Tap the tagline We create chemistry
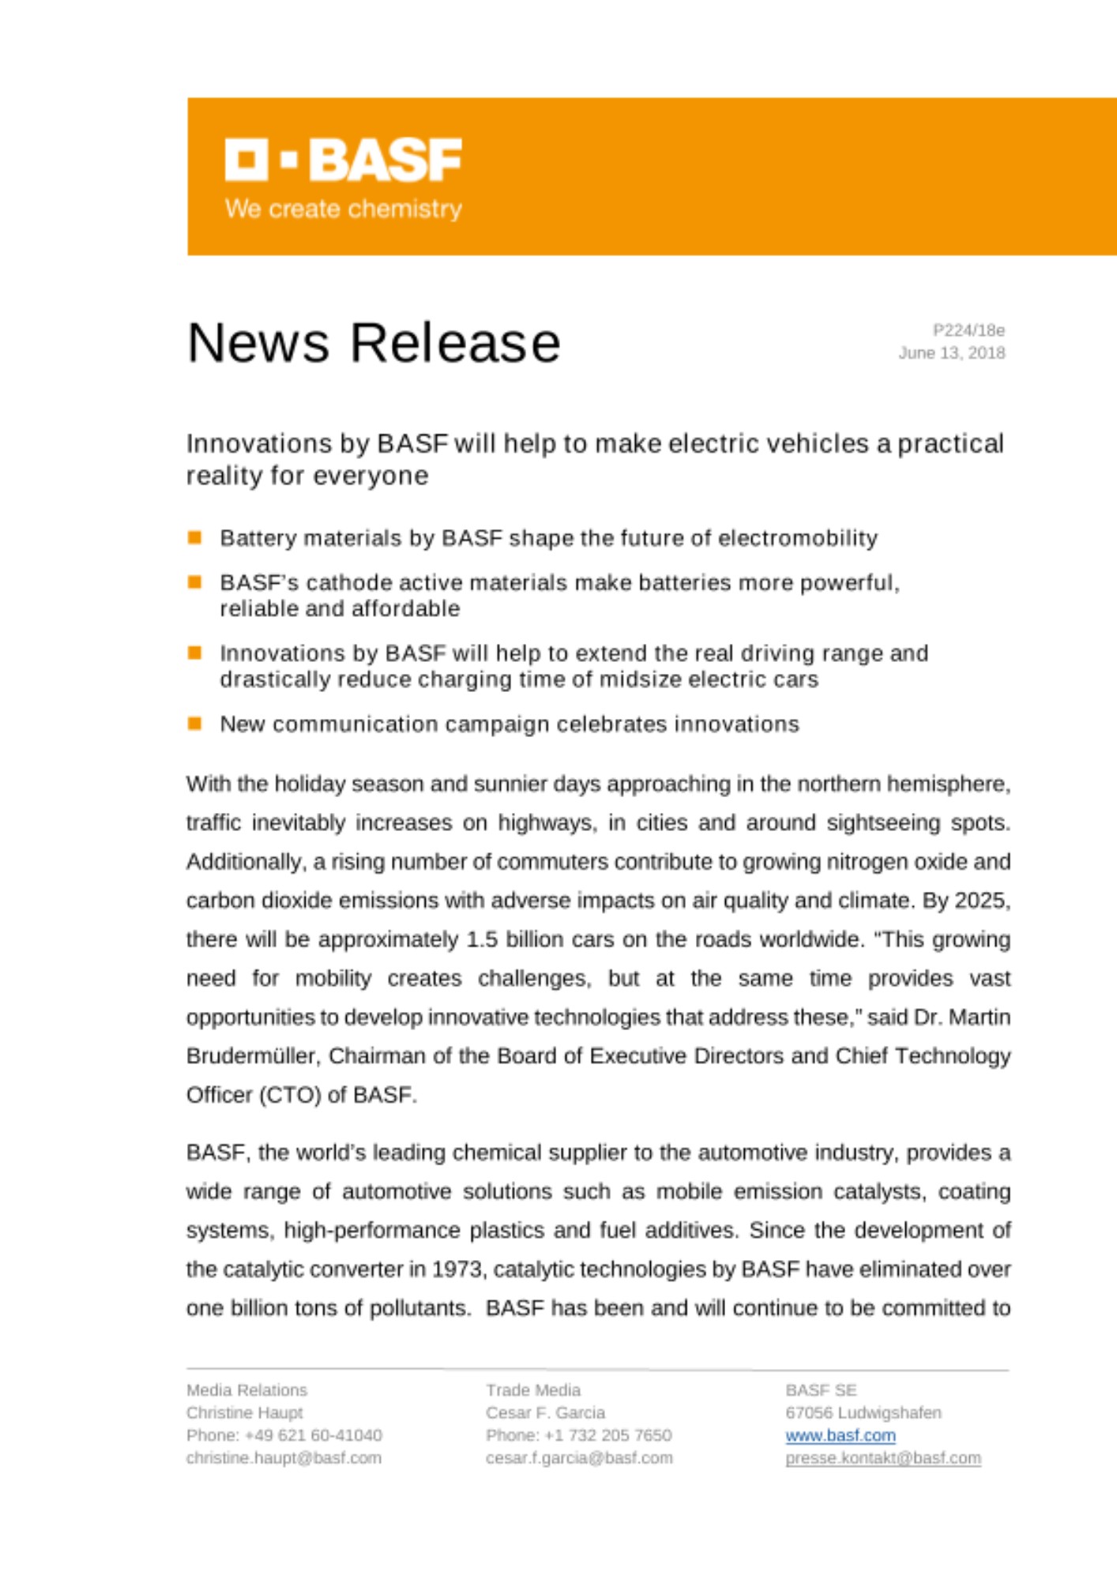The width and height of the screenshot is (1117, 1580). [344, 209]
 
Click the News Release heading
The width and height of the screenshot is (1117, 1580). [374, 343]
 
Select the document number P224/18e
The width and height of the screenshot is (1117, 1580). [968, 330]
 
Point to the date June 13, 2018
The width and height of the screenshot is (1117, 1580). [951, 353]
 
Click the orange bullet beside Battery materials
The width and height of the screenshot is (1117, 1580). [195, 538]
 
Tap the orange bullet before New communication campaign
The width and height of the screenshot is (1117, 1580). [195, 724]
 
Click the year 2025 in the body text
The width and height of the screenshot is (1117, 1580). [981, 901]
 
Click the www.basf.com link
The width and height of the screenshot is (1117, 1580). [840, 1435]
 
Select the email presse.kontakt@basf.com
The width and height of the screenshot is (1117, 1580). [882, 1458]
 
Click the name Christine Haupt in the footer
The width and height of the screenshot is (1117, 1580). [244, 1413]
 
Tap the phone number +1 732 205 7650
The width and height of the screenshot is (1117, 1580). [607, 1435]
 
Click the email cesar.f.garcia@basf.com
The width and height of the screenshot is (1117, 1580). [579, 1458]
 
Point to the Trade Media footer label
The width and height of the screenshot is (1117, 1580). [533, 1390]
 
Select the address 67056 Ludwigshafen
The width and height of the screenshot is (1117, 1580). [863, 1413]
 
